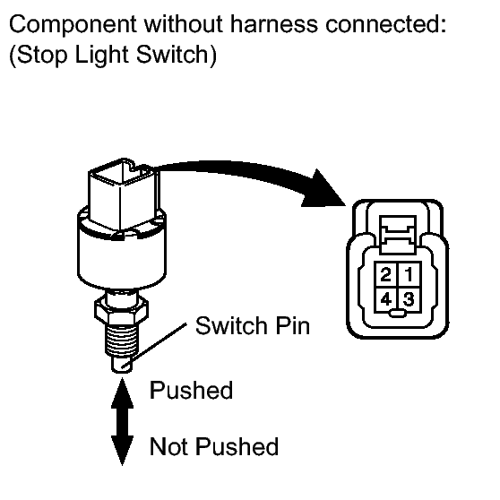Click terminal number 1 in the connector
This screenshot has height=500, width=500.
(x=409, y=274)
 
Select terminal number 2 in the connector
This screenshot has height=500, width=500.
(x=386, y=274)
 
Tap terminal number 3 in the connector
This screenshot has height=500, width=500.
(x=409, y=299)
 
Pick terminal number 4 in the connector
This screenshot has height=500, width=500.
(x=386, y=299)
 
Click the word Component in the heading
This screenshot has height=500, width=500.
(x=73, y=25)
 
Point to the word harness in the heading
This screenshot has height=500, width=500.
(x=274, y=23)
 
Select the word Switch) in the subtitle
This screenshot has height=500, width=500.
(x=177, y=54)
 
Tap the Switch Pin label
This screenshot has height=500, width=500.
(x=253, y=326)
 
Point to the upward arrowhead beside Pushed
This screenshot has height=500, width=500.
(x=122, y=392)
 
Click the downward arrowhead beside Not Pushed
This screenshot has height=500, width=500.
(x=122, y=450)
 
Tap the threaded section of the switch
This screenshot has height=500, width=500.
(x=122, y=339)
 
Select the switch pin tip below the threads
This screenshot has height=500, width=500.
(x=122, y=365)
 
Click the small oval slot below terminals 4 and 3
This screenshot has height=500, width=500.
(x=398, y=314)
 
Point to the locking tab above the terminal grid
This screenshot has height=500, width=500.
(x=398, y=234)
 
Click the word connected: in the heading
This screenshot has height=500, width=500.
(x=386, y=23)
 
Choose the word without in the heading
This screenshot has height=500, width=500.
(x=184, y=23)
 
